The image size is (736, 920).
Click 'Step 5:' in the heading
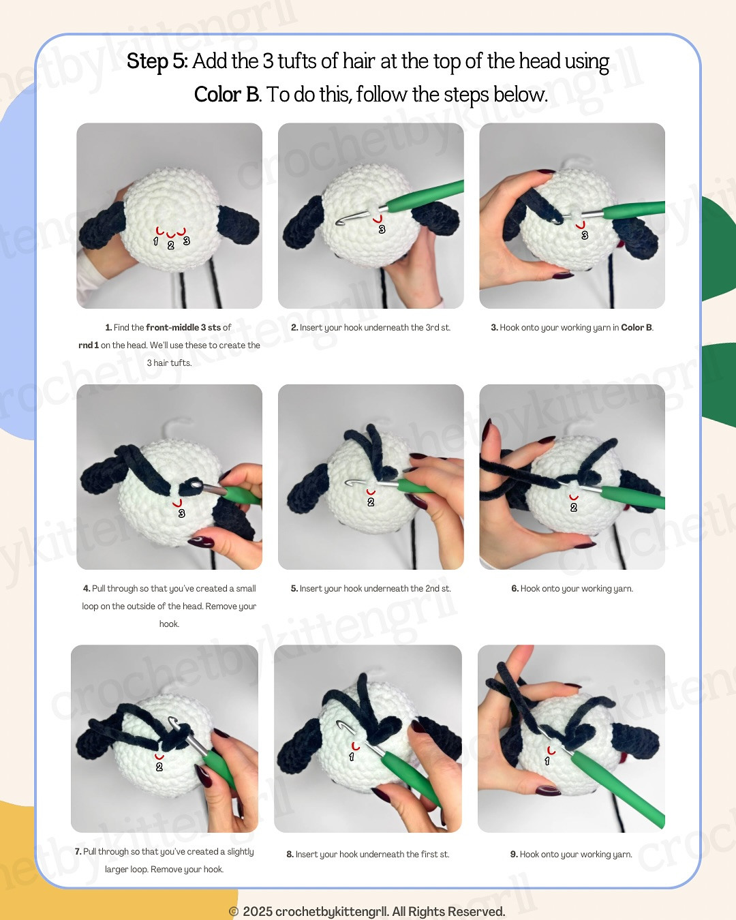pyautogui.click(x=157, y=61)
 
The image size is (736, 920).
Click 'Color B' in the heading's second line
pyautogui.click(x=226, y=94)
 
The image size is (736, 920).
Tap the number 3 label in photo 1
pyautogui.click(x=186, y=241)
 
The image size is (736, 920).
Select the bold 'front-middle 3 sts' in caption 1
pyautogui.click(x=183, y=327)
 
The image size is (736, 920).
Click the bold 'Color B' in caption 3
pyautogui.click(x=636, y=327)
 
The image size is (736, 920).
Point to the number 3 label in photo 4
pyautogui.click(x=181, y=513)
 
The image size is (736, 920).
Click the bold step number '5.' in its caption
pyautogui.click(x=294, y=588)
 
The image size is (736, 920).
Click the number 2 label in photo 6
pyautogui.click(x=574, y=507)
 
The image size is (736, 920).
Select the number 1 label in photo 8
pyautogui.click(x=352, y=756)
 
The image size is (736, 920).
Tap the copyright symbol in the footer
pyautogui.click(x=234, y=912)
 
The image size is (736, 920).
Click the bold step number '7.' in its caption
pyautogui.click(x=78, y=851)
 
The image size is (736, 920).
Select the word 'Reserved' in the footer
pyautogui.click(x=476, y=912)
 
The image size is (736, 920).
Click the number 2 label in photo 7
pyautogui.click(x=159, y=767)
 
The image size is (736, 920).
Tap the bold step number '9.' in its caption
pyautogui.click(x=514, y=854)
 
